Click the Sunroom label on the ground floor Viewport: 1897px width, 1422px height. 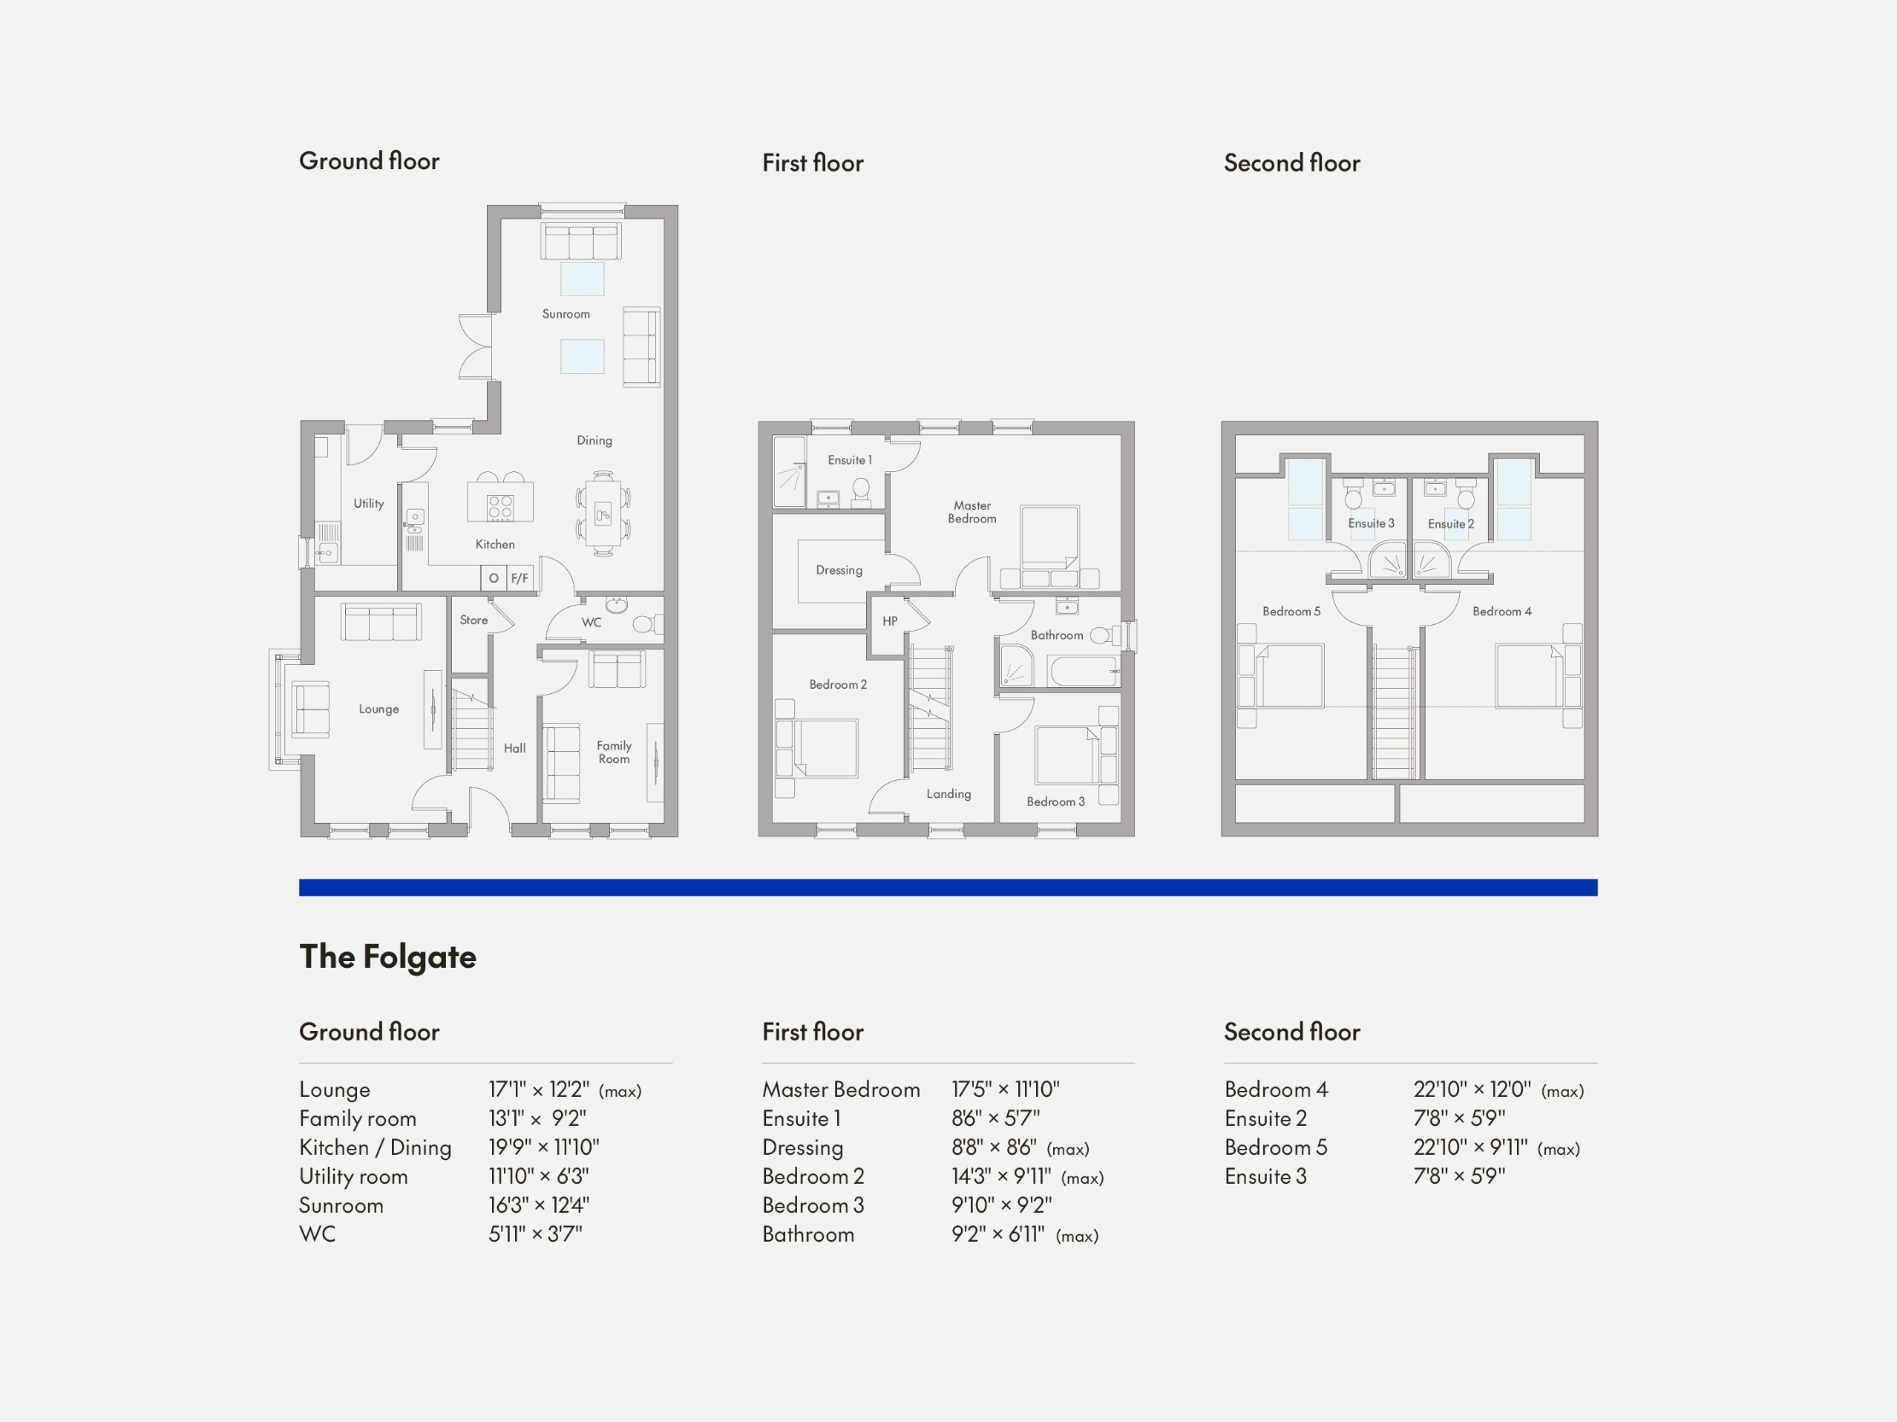coord(566,314)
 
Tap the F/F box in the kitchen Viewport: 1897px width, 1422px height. coord(519,579)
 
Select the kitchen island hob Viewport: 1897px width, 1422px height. coord(500,506)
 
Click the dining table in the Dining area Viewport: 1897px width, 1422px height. coord(603,514)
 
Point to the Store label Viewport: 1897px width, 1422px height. coord(473,620)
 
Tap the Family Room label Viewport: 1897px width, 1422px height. coord(614,752)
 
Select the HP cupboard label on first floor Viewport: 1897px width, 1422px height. coord(890,621)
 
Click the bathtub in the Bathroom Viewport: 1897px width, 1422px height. coord(1083,670)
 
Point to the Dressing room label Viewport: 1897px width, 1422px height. coord(839,570)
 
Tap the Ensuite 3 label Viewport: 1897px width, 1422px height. coord(1371,523)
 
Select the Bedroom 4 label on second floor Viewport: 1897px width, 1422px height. coord(1502,611)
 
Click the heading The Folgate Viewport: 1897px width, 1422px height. coord(388,957)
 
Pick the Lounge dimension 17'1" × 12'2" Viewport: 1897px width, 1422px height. coord(539,1089)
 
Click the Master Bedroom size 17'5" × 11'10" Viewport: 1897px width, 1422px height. coord(1005,1089)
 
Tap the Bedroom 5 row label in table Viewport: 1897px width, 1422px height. coord(1275,1148)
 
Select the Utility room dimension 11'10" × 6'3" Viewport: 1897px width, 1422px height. coord(539,1176)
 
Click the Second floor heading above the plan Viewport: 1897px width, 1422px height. coord(1291,163)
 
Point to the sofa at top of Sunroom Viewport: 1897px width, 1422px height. coord(581,241)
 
